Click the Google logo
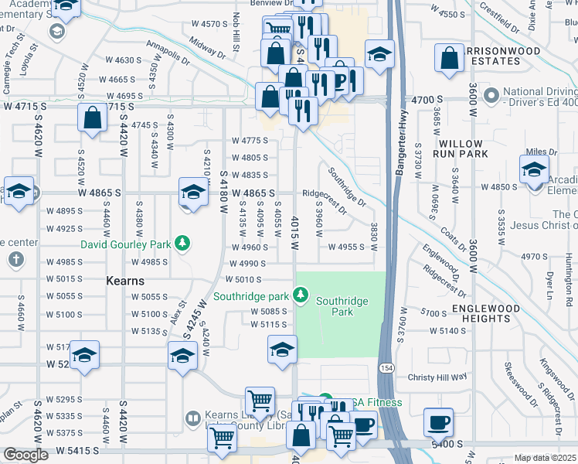(x=26, y=455)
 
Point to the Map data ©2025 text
(x=546, y=458)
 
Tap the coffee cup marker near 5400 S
(x=439, y=421)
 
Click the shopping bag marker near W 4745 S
(x=92, y=118)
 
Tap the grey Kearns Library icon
(x=192, y=418)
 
